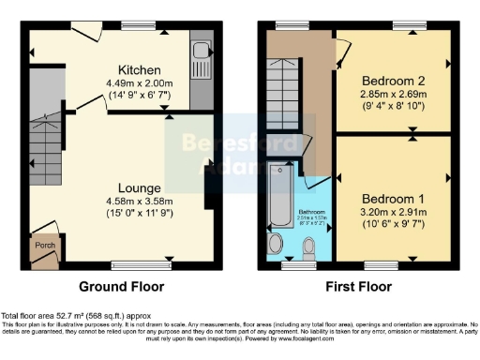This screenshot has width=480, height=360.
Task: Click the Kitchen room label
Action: pos(139,70)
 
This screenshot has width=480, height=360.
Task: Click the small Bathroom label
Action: pos(312,211)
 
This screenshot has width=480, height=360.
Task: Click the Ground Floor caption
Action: pos(121,287)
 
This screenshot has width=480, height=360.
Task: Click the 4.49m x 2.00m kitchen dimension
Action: pos(139,82)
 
